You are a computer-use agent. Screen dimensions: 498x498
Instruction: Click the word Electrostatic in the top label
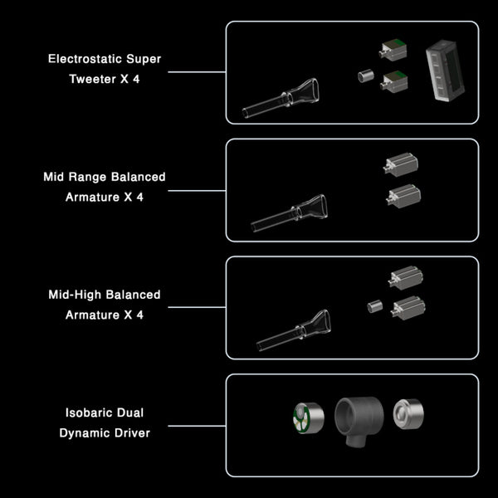click(x=86, y=60)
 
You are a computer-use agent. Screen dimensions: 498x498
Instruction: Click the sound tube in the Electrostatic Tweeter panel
click(x=283, y=100)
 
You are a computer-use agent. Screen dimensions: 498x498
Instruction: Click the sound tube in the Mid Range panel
click(x=291, y=212)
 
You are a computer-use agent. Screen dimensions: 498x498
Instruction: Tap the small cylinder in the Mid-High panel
click(x=374, y=306)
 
